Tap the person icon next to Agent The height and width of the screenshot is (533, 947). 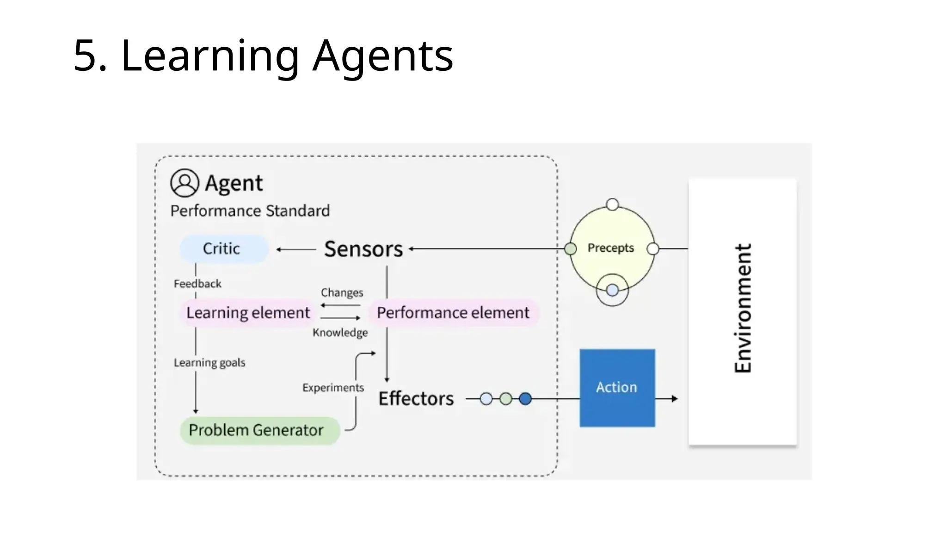[184, 183]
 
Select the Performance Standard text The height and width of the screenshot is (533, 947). [250, 211]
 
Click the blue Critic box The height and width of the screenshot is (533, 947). [223, 249]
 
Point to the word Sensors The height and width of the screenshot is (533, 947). [363, 249]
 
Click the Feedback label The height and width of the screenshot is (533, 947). [197, 284]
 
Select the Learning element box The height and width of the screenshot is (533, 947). [248, 313]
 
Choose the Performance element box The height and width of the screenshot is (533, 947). [453, 313]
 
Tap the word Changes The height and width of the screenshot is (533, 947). [342, 292]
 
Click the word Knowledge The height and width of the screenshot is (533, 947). [340, 333]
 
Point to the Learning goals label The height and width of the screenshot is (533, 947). [209, 363]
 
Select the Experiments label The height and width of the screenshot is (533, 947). [333, 388]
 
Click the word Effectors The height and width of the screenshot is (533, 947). [416, 399]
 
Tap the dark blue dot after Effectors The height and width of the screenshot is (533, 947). [525, 399]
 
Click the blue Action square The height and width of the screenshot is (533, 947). [617, 388]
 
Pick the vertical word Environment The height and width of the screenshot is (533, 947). [743, 309]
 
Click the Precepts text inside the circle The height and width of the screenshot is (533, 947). [610, 248]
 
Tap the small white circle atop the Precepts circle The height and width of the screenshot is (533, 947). [612, 205]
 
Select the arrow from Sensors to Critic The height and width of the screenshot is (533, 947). [296, 249]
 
